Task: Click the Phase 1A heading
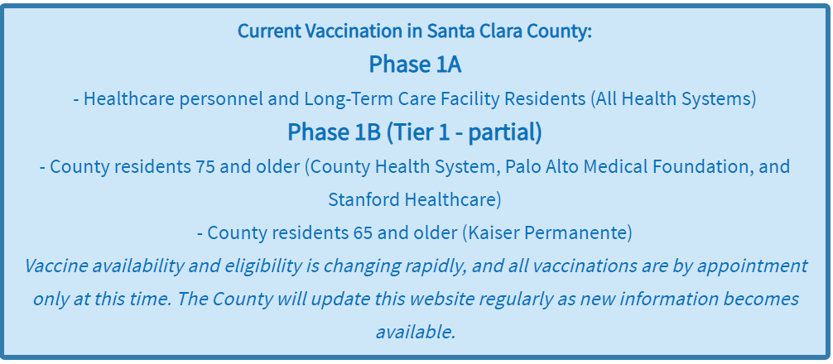415,65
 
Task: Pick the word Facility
469,98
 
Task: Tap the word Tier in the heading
405,132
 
